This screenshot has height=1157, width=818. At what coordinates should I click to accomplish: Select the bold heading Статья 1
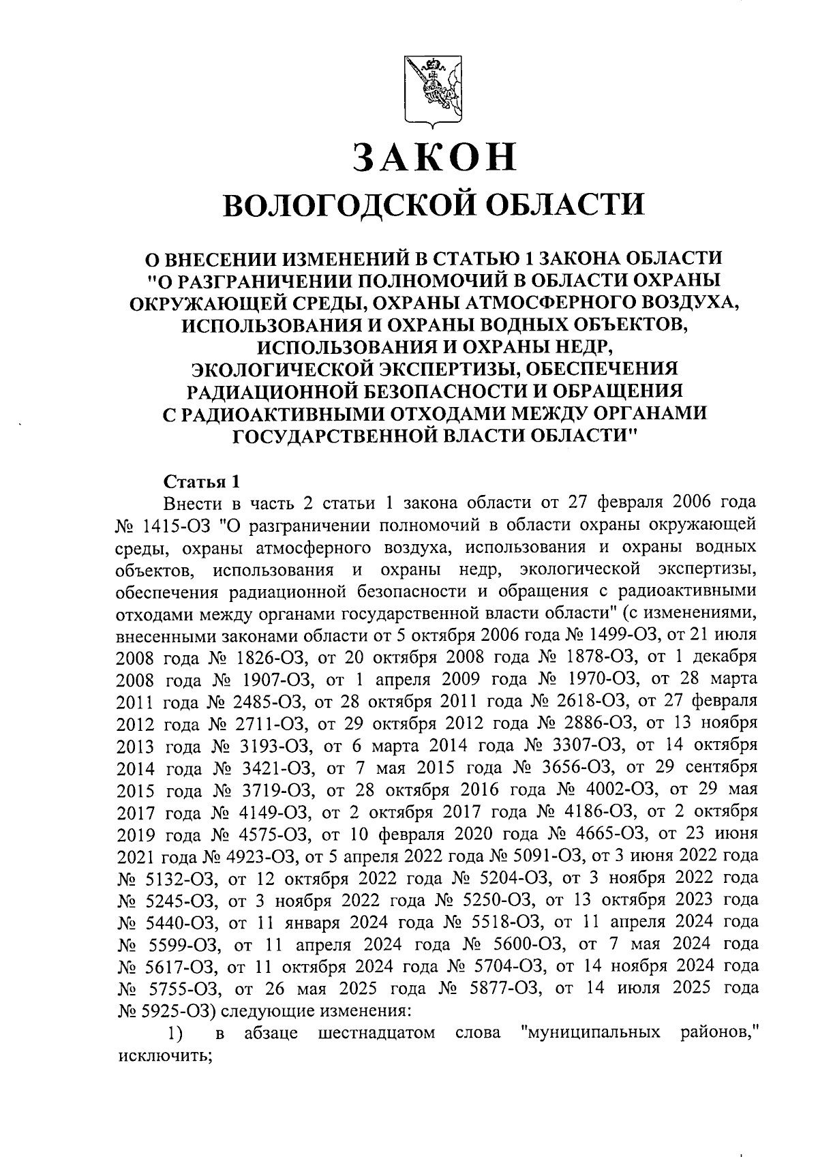202,482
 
